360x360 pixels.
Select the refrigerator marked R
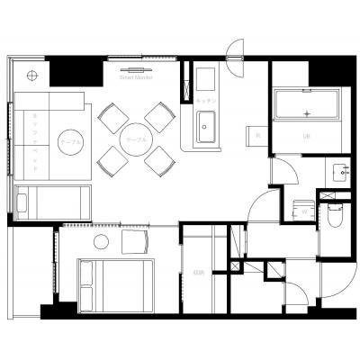(257, 136)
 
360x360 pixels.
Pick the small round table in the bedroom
(101, 241)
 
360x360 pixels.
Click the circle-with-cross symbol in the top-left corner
(32, 75)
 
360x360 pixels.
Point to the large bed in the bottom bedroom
(115, 283)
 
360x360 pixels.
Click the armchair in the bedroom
(135, 240)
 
